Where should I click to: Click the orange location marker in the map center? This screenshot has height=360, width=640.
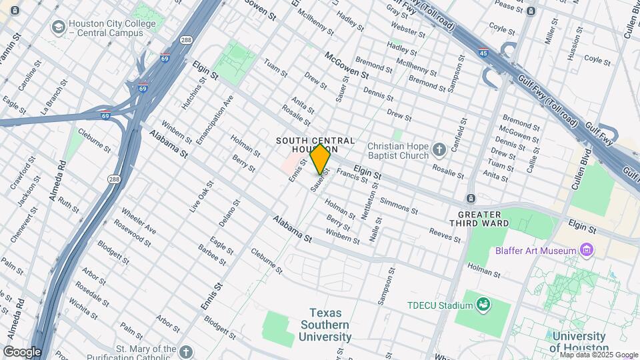(320, 159)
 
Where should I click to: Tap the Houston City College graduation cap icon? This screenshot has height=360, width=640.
(59, 28)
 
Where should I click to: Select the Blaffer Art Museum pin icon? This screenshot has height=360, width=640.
(587, 251)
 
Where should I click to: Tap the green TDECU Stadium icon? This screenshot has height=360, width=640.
(483, 305)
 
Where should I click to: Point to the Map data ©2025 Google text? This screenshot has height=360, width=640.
(598, 355)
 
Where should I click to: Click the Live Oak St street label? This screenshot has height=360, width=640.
(196, 201)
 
